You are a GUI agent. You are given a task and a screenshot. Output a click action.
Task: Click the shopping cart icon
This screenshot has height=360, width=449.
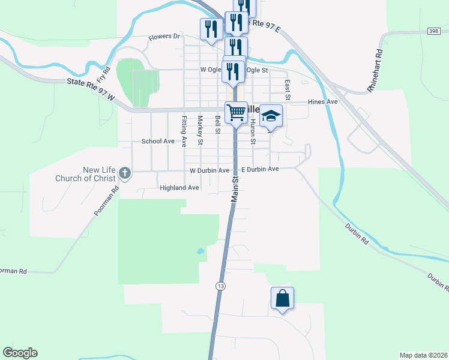click(237, 112)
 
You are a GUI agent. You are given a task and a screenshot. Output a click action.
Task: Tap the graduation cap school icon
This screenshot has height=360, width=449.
click(271, 116)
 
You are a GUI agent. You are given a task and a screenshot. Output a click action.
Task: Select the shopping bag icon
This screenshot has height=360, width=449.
click(283, 298)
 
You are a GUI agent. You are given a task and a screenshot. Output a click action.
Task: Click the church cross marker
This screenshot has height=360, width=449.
click(125, 173)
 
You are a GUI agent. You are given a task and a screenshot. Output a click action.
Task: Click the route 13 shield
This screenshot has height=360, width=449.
click(221, 286)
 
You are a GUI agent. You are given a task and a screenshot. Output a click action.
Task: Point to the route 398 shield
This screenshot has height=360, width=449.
click(433, 31)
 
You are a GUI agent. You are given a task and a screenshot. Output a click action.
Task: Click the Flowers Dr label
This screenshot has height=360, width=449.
click(164, 37)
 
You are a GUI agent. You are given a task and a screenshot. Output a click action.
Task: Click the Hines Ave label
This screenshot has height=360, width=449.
click(323, 102)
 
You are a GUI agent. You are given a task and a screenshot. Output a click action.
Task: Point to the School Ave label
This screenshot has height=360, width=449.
click(158, 141)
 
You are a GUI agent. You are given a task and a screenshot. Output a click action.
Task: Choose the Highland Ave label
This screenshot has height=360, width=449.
click(179, 188)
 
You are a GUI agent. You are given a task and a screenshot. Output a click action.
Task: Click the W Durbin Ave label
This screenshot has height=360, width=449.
click(209, 170)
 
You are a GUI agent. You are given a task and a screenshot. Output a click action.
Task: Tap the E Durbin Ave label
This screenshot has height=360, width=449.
click(261, 170)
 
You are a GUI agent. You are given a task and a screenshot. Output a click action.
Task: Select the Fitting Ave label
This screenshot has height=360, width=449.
click(184, 131)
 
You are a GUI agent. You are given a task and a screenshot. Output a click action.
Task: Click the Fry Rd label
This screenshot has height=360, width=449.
click(104, 74)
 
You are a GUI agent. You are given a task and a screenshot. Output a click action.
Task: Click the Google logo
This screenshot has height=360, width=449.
click(20, 353)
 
